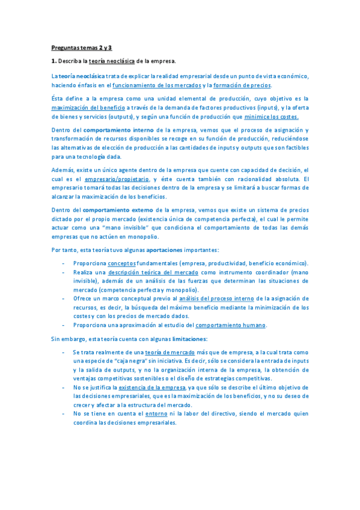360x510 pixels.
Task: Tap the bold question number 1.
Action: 53,61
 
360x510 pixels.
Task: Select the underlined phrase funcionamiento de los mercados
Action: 157,85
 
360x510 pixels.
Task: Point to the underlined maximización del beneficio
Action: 85,107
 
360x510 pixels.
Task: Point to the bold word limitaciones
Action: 189,339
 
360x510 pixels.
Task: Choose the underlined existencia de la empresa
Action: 152,387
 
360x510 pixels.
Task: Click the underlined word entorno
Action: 156,414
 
